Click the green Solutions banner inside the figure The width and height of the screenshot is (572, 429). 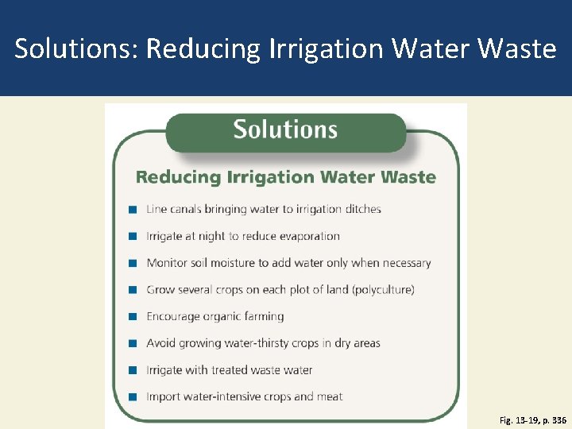point(285,130)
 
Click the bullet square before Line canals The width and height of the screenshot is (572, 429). point(132,210)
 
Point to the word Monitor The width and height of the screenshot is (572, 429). point(167,263)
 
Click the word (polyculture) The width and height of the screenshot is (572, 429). point(384,290)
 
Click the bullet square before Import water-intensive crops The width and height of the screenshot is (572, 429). point(132,396)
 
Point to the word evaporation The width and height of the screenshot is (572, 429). point(308,236)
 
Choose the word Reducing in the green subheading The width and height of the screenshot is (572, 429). point(177,176)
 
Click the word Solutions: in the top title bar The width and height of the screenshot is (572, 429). point(76,49)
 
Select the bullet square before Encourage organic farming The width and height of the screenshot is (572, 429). point(132,316)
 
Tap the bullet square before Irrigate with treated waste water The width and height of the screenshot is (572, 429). point(132,370)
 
